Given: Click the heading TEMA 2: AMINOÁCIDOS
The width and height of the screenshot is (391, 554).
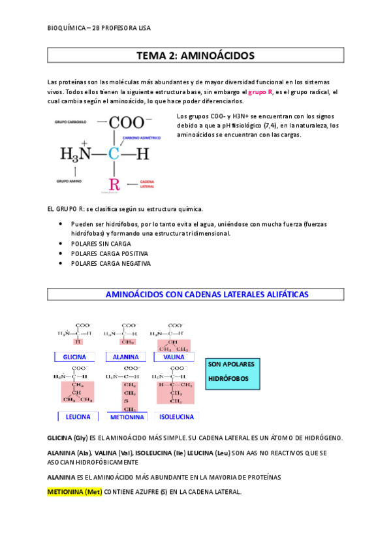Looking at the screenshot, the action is [195, 56].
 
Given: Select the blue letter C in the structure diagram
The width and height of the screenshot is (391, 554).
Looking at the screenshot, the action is [114, 154].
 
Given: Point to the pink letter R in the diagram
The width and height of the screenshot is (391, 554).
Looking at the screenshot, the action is [114, 184].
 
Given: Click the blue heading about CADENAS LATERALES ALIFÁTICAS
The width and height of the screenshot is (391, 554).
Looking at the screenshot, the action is [207, 295].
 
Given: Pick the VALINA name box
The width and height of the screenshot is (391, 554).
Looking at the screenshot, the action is [174, 357].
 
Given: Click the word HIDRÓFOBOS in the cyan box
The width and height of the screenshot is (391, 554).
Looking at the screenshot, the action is [228, 379].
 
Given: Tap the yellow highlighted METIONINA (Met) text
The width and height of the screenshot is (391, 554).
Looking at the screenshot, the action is [74, 491].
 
